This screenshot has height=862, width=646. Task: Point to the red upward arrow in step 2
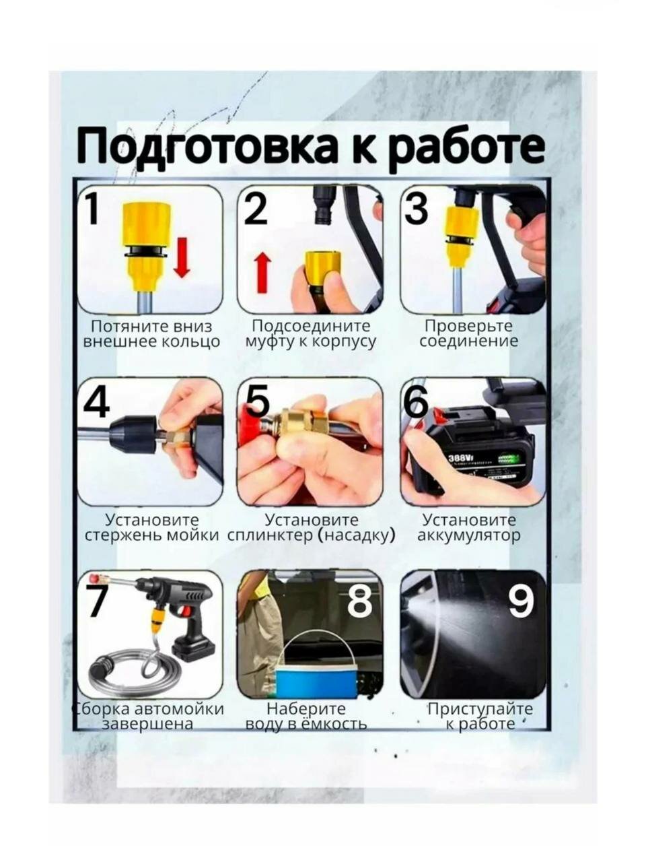(x=263, y=272)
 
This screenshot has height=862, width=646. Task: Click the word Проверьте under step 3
(x=469, y=327)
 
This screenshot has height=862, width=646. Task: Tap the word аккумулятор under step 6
(x=469, y=535)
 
